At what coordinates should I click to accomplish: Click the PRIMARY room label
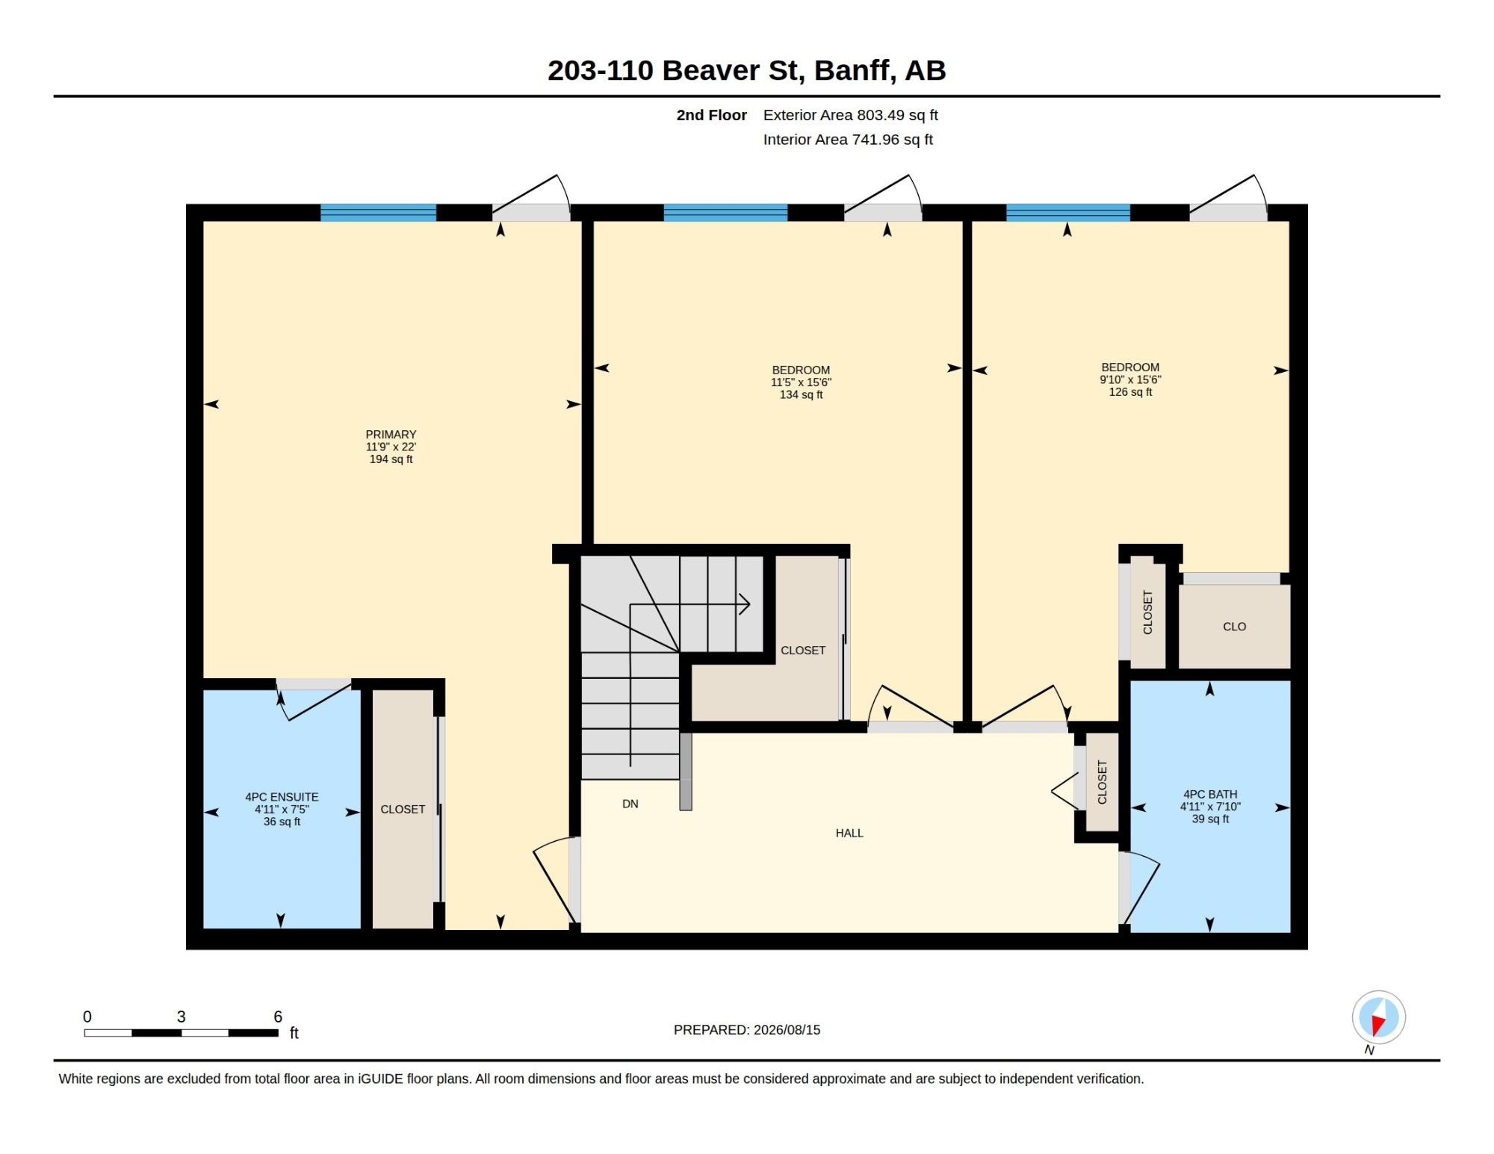[x=391, y=435]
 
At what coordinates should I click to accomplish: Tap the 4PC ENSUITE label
[x=282, y=797]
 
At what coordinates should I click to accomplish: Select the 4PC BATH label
[x=1210, y=794]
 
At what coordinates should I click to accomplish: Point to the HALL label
[x=849, y=833]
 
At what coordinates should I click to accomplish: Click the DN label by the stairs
[x=630, y=804]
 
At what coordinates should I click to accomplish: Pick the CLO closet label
[x=1234, y=627]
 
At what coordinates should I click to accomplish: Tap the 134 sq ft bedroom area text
[x=801, y=394]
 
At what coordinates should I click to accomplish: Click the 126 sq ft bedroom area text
[x=1130, y=391]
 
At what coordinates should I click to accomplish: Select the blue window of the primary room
[x=378, y=212]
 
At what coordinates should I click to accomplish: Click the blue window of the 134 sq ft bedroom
[x=725, y=212]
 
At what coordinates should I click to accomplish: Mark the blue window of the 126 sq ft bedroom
[x=1068, y=212]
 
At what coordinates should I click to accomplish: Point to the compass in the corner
[x=1378, y=1017]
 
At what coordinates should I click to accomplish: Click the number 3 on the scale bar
[x=181, y=1017]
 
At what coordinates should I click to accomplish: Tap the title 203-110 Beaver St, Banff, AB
[x=746, y=70]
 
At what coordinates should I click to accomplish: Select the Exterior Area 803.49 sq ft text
[x=850, y=115]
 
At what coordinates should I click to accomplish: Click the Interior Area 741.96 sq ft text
[x=848, y=139]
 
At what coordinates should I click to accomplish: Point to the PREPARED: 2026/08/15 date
[x=747, y=1029]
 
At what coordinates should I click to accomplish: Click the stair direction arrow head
[x=745, y=604]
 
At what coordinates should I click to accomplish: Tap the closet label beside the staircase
[x=803, y=651]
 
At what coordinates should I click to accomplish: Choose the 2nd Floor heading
[x=711, y=115]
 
